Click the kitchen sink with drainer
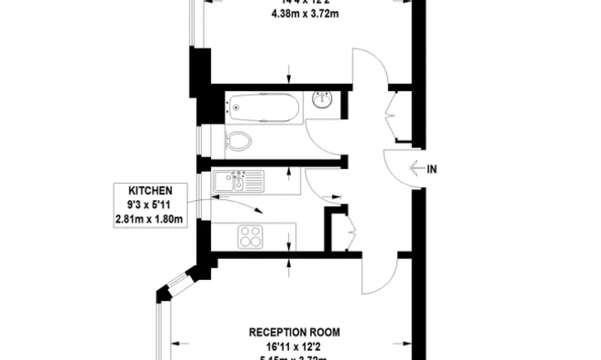(x=239, y=183)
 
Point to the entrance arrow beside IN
(x=417, y=168)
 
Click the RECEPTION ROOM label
(x=289, y=333)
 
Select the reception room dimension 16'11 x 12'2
(x=289, y=346)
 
